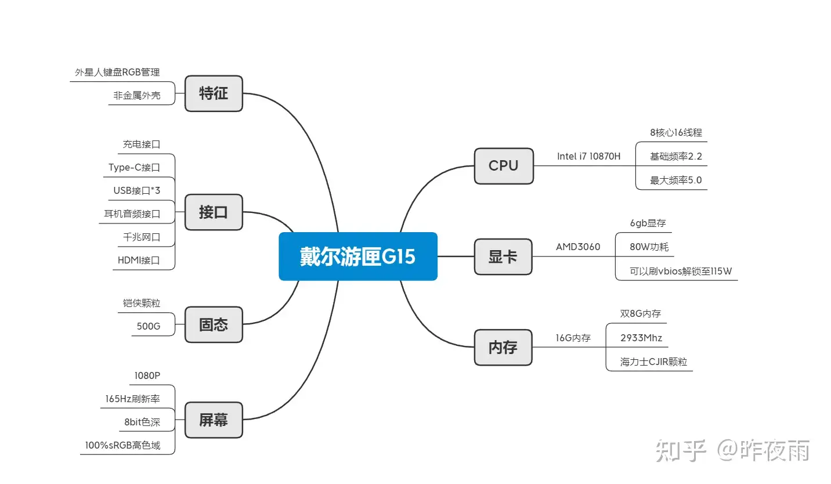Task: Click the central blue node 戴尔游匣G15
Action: pos(357,257)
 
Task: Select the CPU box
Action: pos(503,166)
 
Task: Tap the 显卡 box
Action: pos(503,257)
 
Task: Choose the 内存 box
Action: pos(503,348)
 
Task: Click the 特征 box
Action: pos(214,93)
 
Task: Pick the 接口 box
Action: pos(214,212)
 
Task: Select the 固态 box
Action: pos(214,324)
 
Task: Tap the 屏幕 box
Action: pos(214,420)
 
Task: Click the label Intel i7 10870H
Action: pos(588,156)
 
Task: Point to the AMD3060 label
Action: pos(578,247)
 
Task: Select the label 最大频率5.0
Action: pos(675,180)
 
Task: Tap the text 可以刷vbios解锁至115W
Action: pos(676,271)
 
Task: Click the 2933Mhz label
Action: pos(641,338)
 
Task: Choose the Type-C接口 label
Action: pos(134,168)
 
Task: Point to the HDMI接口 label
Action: pos(139,260)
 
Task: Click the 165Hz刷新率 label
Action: pos(132,399)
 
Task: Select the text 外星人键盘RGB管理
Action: pos(117,73)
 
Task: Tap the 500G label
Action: pos(149,326)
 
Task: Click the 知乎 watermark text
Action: pos(681,450)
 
